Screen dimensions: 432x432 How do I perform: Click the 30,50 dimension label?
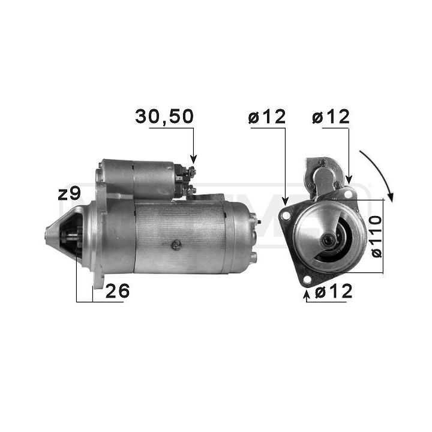(164, 116)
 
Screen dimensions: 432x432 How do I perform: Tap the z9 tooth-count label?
(69, 193)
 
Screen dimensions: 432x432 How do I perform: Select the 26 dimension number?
(118, 290)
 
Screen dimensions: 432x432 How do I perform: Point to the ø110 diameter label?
(377, 236)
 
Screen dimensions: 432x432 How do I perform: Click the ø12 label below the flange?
(334, 290)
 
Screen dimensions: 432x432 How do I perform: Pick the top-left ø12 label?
(266, 116)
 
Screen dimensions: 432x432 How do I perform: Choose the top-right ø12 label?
(331, 116)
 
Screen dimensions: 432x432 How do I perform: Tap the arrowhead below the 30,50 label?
(193, 159)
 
